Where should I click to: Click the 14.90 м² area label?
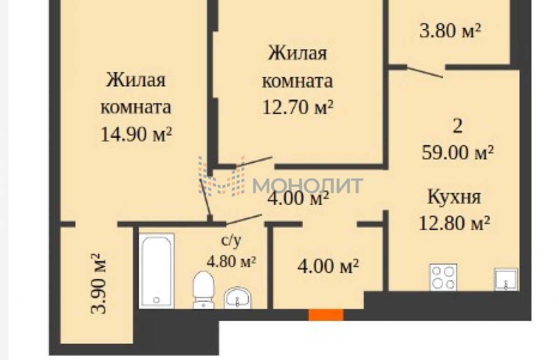tap(136, 134)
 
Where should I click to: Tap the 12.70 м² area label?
tap(298, 107)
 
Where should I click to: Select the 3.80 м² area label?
tap(450, 31)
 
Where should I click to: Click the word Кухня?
tap(454, 197)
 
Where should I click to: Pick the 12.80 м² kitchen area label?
tap(454, 223)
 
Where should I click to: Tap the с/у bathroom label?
tap(232, 241)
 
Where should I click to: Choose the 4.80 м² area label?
tap(232, 261)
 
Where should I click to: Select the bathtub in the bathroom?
tap(157, 271)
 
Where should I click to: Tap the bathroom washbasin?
tap(238, 298)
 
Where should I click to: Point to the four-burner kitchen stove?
tap(443, 277)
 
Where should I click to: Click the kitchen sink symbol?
tap(506, 279)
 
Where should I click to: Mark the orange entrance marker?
tap(326, 315)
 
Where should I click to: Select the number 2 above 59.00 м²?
tap(457, 126)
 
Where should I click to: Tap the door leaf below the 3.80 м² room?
tap(425, 72)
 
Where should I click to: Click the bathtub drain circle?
tap(157, 300)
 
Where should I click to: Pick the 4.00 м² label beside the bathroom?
tap(328, 266)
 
